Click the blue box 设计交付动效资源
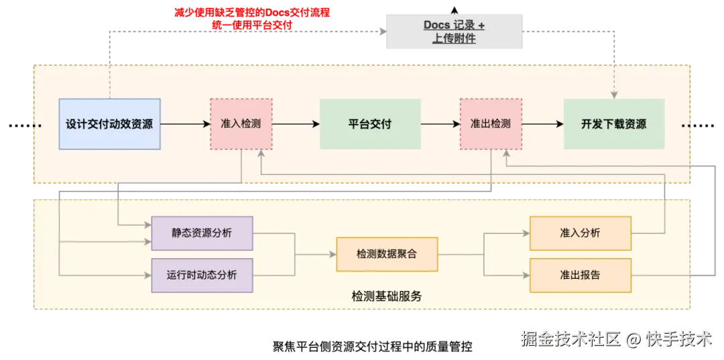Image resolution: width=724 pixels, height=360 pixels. tap(109, 124)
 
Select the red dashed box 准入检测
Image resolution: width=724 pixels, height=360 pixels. tap(241, 124)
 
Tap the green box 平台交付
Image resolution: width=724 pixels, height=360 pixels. tap(370, 124)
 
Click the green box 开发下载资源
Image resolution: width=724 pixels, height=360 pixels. tap(613, 124)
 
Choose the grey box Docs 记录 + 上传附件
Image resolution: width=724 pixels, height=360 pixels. tap(454, 32)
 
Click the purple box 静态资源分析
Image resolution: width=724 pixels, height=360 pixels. tap(202, 233)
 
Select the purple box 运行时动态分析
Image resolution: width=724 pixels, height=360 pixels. tap(202, 275)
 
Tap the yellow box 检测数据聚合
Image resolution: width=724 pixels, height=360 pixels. tap(387, 254)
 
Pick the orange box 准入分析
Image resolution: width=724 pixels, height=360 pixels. tap(580, 233)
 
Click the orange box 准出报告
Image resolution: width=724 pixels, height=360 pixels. tap(580, 275)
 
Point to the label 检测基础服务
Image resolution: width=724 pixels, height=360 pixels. tap(387, 296)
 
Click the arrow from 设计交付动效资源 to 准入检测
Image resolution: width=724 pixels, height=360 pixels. tap(185, 124)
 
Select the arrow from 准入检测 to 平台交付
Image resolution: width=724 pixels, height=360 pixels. tap(296, 124)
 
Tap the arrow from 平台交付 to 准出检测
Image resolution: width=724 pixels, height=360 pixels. tap(440, 124)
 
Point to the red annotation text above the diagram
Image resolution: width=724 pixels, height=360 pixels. tap(253, 19)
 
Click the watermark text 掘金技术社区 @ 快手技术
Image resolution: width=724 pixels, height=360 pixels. tap(616, 339)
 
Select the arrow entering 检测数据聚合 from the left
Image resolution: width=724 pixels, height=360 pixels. tap(315, 254)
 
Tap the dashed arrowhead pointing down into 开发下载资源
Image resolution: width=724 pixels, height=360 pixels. tap(614, 94)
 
